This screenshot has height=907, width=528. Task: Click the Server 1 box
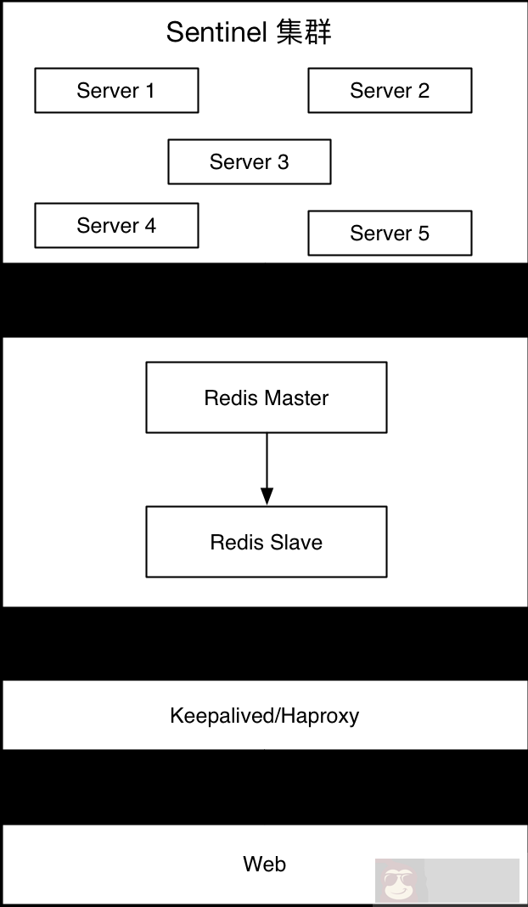coord(116,91)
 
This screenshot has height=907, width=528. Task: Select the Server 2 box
coord(390,91)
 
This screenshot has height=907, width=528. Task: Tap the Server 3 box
coord(249,161)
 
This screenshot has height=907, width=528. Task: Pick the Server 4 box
coord(116,225)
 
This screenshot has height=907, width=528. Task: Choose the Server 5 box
coord(390,234)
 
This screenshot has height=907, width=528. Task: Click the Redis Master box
coord(267,397)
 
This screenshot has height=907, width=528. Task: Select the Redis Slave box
coord(267,542)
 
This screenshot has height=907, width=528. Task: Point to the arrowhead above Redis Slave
coord(267,496)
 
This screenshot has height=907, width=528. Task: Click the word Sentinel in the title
coord(218,32)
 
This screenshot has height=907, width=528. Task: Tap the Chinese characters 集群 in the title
coord(304,32)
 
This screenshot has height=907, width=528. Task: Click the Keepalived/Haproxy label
coord(264,715)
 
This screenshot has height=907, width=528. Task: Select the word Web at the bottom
coord(264,865)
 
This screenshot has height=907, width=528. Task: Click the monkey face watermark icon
coord(394,884)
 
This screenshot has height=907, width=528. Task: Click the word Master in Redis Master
coord(295,398)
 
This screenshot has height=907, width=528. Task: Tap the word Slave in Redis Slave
coord(296,543)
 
